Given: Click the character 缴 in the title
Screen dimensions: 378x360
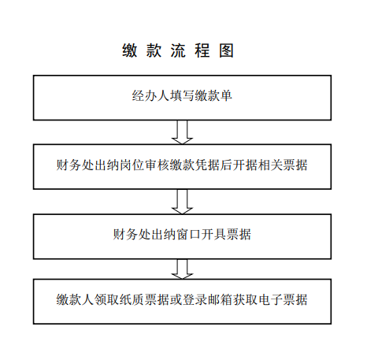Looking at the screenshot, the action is (129, 50).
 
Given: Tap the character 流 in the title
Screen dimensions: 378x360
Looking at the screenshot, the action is (178, 50).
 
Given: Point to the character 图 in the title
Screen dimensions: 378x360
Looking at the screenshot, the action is (226, 50).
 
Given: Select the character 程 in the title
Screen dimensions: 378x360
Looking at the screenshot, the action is (202, 50).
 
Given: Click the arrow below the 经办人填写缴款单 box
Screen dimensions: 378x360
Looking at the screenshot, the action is (182, 132).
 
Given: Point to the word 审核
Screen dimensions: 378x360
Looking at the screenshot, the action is (157, 165).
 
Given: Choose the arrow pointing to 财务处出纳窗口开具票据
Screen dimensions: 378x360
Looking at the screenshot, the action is (182, 202).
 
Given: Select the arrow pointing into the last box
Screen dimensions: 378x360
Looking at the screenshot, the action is (182, 269).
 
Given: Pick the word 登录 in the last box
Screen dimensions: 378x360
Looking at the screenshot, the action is (195, 299).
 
